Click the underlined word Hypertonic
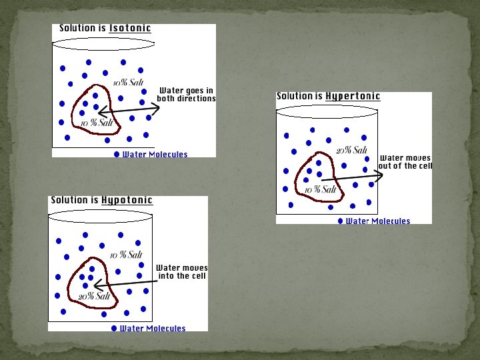tap(353, 97)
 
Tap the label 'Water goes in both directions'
tap(186, 95)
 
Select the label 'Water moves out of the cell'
tap(405, 162)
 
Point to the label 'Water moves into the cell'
tap(182, 272)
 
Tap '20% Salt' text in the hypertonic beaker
tap(351, 150)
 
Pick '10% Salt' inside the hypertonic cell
tap(321, 190)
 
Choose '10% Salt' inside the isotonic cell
tap(97, 123)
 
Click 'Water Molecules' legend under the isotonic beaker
tap(155, 155)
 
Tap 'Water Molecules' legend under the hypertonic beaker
tap(378, 221)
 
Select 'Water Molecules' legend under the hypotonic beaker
tap(153, 329)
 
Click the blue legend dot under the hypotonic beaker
tap(115, 329)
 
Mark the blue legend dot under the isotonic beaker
tap(117, 155)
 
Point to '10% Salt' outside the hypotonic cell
tap(126, 255)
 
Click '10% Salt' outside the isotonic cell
tap(128, 83)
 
